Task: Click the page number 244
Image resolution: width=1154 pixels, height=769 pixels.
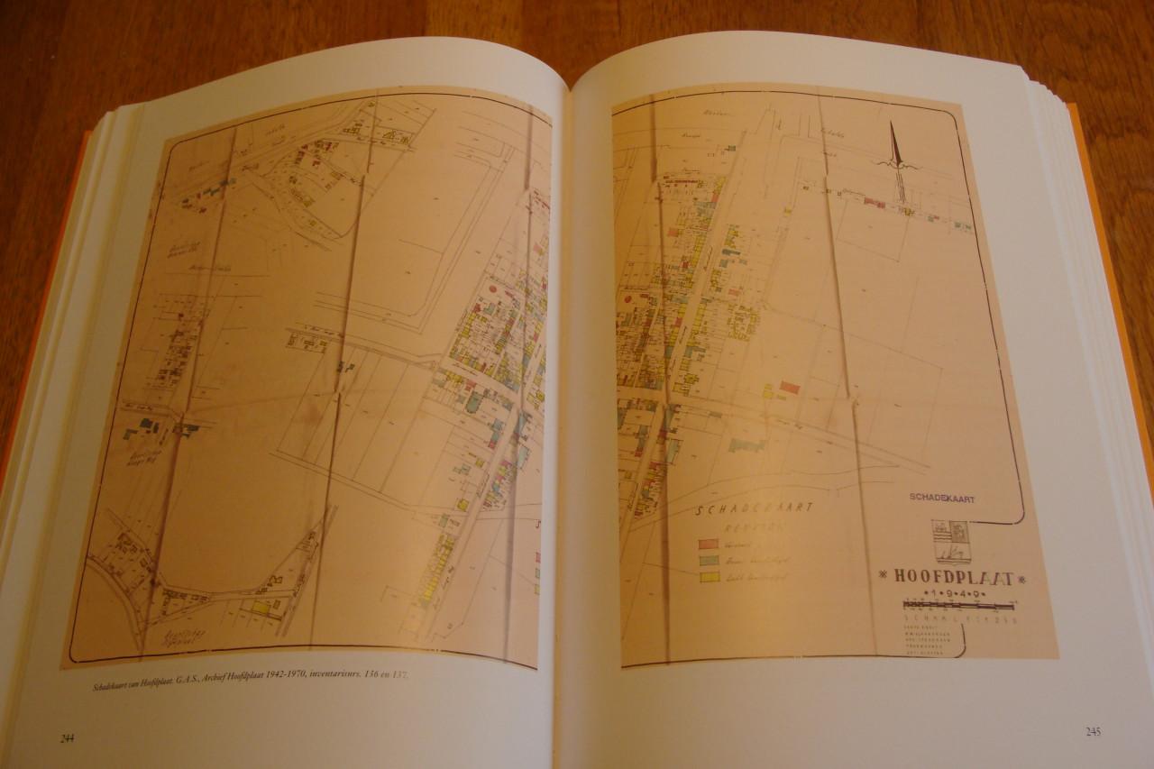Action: coord(67,739)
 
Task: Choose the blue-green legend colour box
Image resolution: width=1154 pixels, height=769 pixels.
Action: coord(709,561)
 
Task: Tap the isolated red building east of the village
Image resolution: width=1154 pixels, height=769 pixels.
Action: coord(790,387)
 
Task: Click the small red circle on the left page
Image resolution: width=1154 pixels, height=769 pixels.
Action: coord(493,289)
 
